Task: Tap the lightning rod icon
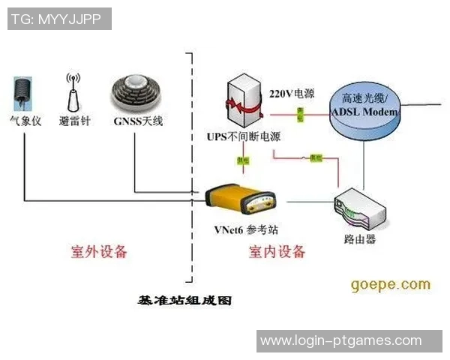(73, 91)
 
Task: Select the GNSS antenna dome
(136, 94)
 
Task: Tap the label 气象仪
(24, 120)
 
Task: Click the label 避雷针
(74, 120)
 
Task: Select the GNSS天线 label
(138, 120)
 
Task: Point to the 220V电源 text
(291, 94)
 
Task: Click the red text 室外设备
(99, 250)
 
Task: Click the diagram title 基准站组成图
(184, 300)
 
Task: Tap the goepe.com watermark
(390, 284)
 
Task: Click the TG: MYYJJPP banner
(58, 19)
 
